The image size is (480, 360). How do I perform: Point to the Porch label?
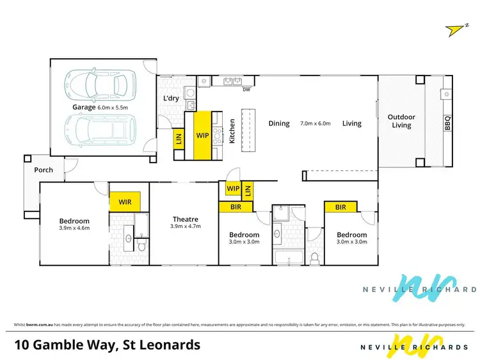coord(44,170)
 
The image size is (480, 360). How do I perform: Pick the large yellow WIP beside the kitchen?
coord(203,135)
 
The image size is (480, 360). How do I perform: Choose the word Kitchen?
coord(232,130)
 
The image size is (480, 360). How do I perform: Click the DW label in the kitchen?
coord(246,90)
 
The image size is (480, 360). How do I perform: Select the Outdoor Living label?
coord(401,121)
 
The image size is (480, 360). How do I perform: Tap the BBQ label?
coord(447,122)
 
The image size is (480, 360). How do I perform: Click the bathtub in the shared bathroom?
coord(289,258)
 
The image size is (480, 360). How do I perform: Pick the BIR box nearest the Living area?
coord(340,207)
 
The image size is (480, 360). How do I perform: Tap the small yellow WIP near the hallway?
coord(232,189)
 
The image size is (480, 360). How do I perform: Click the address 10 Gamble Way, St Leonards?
coord(107,345)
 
